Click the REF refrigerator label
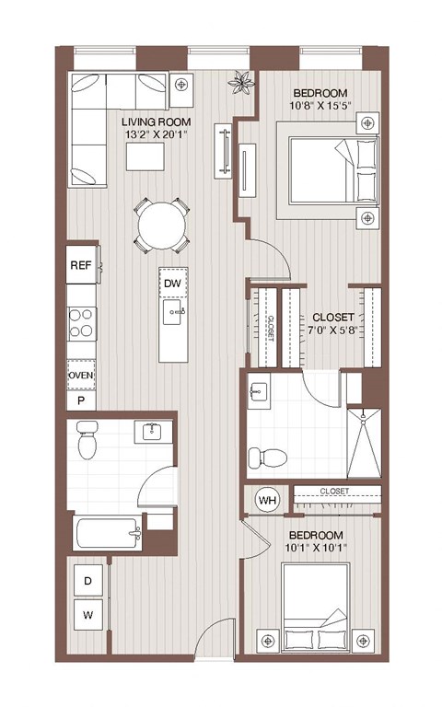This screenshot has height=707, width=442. (x=80, y=264)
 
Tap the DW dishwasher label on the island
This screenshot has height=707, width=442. (x=171, y=284)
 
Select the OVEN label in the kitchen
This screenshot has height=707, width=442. (x=80, y=376)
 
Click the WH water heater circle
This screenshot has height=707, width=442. (x=268, y=500)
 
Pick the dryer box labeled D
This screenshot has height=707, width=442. (x=87, y=581)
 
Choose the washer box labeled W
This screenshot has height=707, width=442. (x=87, y=614)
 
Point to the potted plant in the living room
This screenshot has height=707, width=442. (x=242, y=84)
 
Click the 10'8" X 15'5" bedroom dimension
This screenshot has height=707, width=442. (x=320, y=108)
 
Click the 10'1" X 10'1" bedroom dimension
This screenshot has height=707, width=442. (x=316, y=551)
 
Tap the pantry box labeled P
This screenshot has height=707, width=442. (x=80, y=401)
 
